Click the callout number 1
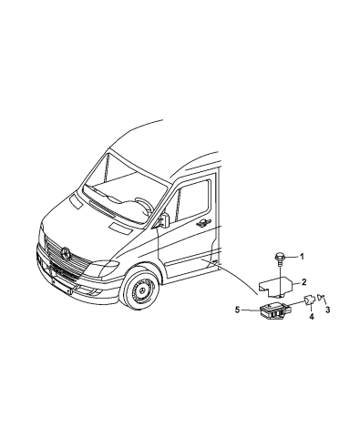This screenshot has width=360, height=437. point(303,258)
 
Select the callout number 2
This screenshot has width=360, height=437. point(304,282)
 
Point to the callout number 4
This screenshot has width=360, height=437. point(311,316)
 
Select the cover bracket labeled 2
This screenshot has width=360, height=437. point(273,286)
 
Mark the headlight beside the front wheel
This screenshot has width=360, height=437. point(105,269)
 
